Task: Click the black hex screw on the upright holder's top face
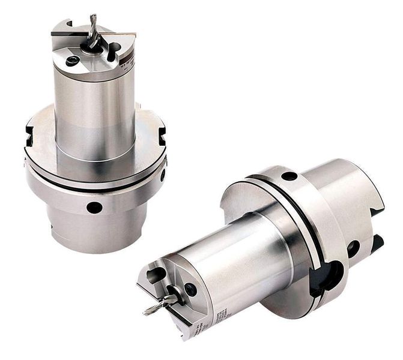coord(73,61)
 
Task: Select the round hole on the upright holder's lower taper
coord(93,208)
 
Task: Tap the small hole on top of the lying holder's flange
coord(289,176)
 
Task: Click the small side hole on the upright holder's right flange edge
coord(162,175)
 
